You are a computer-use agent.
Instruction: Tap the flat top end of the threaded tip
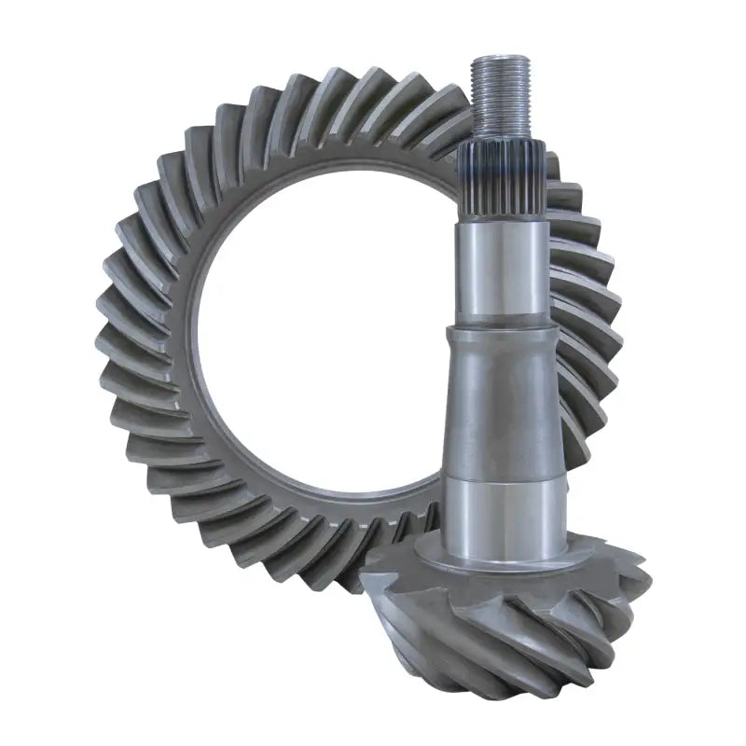point(503,60)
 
